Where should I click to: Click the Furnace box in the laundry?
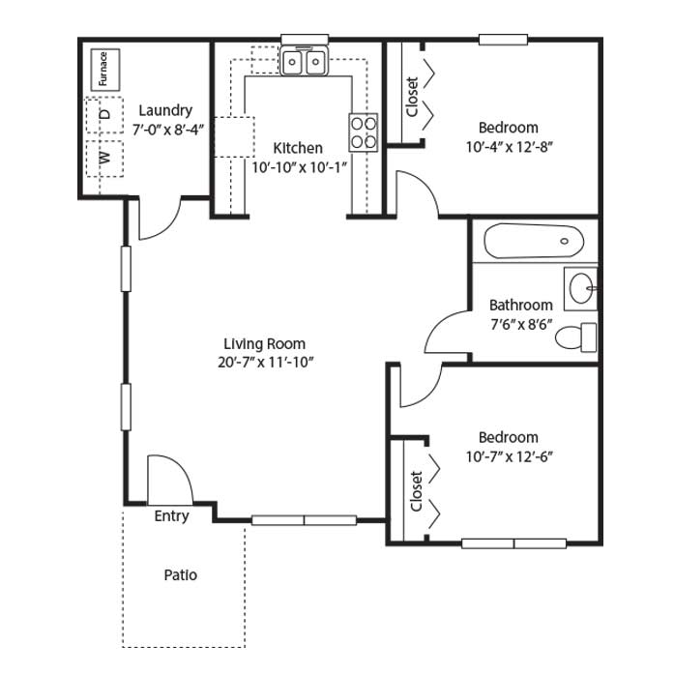pyautogui.click(x=105, y=70)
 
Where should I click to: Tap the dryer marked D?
pyautogui.click(x=104, y=115)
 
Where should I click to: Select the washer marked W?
pyautogui.click(x=104, y=159)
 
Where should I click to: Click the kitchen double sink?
pyautogui.click(x=305, y=61)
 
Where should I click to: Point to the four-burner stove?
pyautogui.click(x=364, y=132)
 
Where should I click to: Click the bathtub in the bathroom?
pyautogui.click(x=534, y=240)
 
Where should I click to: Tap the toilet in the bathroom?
pyautogui.click(x=576, y=337)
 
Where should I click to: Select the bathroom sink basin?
pyautogui.click(x=581, y=288)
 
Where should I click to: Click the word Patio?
pyautogui.click(x=181, y=574)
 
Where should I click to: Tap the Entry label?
pyautogui.click(x=171, y=515)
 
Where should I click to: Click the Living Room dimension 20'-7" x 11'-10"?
pyautogui.click(x=265, y=363)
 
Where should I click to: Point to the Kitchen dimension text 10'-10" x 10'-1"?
pyautogui.click(x=299, y=167)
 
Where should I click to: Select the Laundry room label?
pyautogui.click(x=165, y=110)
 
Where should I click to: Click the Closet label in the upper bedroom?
pyautogui.click(x=412, y=97)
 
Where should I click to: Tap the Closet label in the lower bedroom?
pyautogui.click(x=416, y=491)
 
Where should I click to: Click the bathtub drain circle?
pyautogui.click(x=565, y=241)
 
